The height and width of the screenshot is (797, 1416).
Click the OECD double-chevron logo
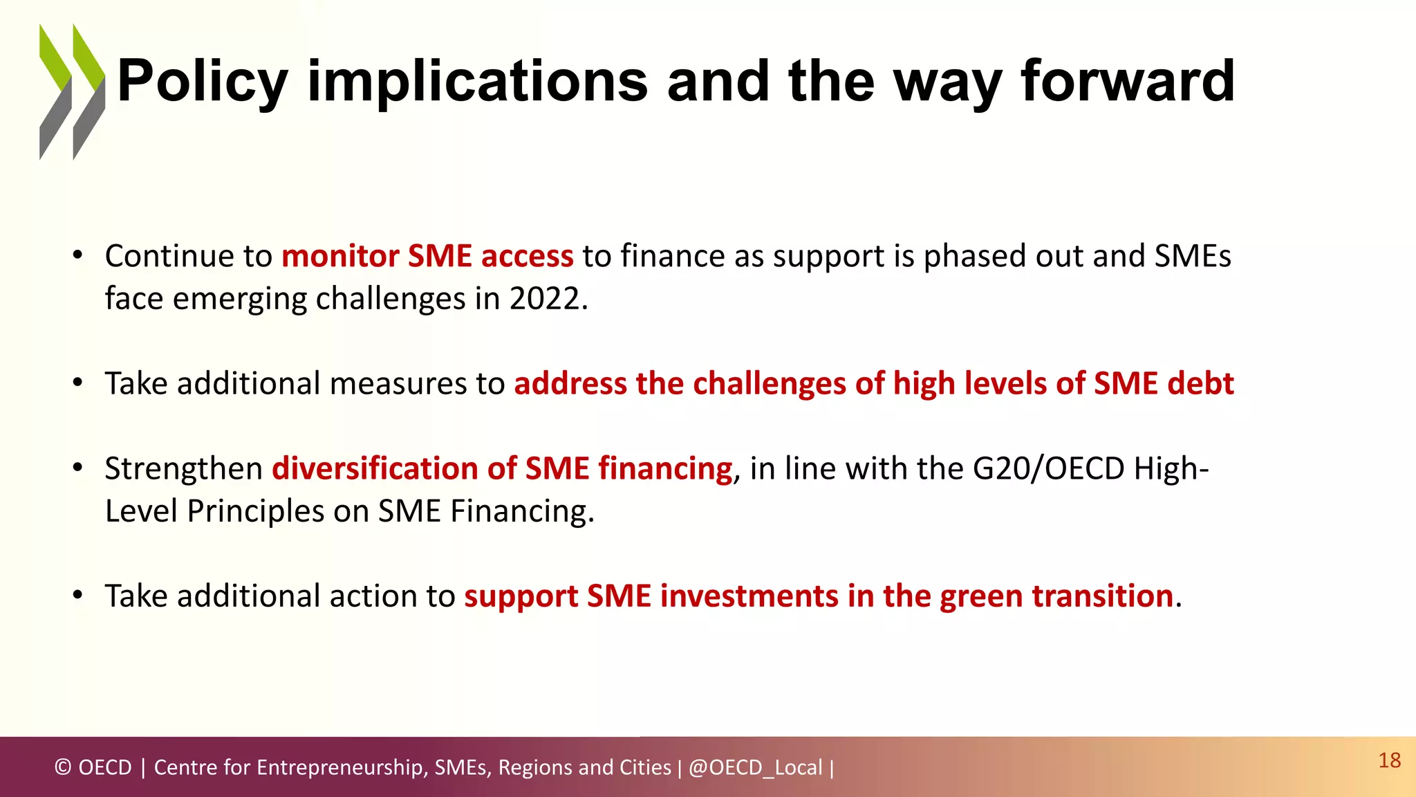72,92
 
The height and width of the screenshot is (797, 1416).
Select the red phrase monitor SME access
427,256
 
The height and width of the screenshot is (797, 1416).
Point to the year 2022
545,299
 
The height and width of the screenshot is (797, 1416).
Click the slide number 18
1389,760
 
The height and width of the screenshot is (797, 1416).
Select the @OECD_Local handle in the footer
755,767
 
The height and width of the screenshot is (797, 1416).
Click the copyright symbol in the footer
63,767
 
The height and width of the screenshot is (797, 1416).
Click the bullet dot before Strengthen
78,468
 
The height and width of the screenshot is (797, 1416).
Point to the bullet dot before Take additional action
78,596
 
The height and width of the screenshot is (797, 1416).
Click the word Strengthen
183,468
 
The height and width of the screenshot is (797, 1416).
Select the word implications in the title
477,82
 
